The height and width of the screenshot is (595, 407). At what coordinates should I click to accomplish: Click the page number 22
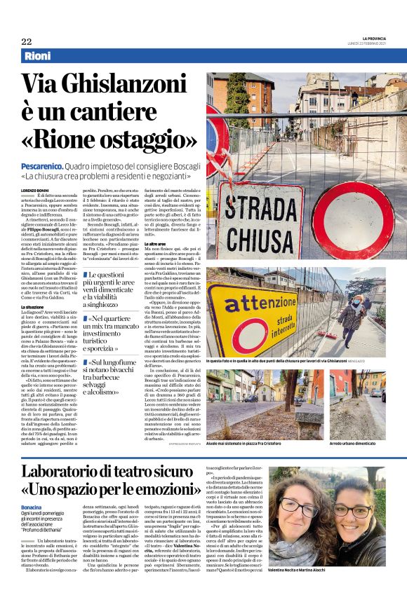tap(27, 41)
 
